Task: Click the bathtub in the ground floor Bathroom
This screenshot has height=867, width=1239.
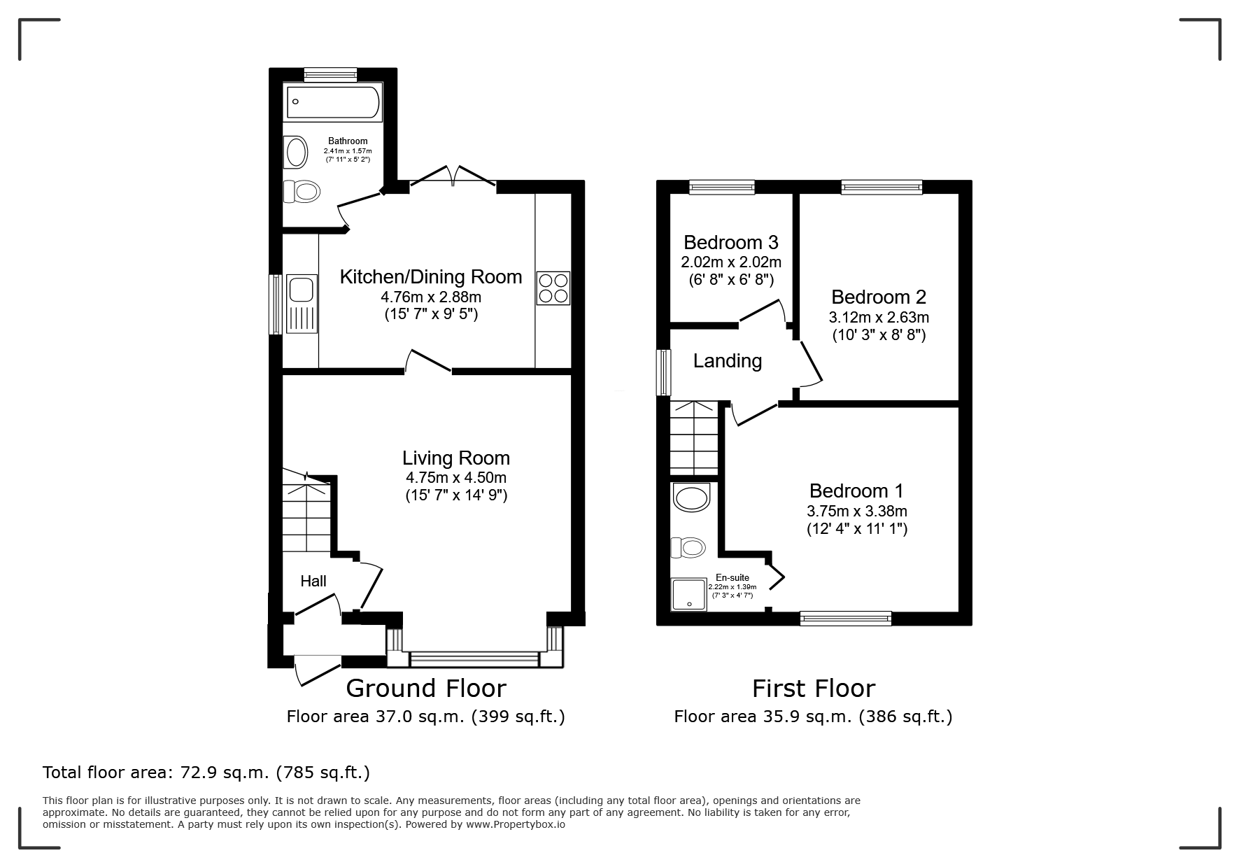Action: click(x=333, y=102)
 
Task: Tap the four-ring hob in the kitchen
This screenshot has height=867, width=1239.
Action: click(x=553, y=288)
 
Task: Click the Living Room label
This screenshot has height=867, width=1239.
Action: click(x=456, y=458)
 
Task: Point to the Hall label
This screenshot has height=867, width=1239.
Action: click(x=313, y=581)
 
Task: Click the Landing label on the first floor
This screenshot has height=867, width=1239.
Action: click(x=728, y=361)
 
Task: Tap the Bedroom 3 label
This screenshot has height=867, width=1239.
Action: click(x=731, y=242)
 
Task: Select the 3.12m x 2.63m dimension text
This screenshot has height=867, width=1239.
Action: click(x=879, y=318)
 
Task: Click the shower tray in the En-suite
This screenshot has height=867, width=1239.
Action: click(x=689, y=594)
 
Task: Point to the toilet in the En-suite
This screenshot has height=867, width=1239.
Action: click(x=688, y=547)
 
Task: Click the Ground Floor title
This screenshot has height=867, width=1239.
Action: click(x=426, y=689)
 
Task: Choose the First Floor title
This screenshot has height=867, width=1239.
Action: click(x=814, y=689)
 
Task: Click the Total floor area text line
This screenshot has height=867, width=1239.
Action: click(x=206, y=773)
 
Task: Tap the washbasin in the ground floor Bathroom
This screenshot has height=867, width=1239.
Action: click(x=297, y=152)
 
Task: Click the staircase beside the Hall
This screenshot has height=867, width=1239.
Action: click(x=306, y=512)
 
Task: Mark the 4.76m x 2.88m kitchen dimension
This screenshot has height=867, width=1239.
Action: click(x=431, y=297)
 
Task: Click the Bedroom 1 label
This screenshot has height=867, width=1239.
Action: click(x=857, y=491)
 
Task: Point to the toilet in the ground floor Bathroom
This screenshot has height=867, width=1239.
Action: click(x=302, y=190)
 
